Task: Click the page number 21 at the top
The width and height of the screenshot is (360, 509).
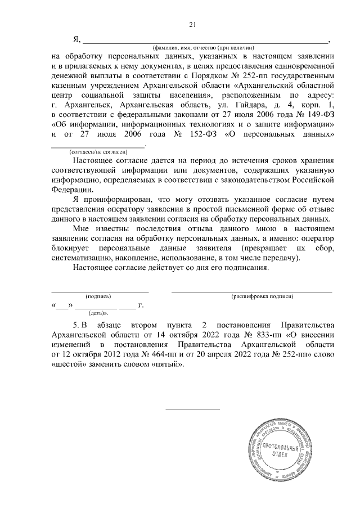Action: pyautogui.click(x=192, y=24)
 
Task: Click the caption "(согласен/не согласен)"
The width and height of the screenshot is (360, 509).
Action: pyautogui.click(x=98, y=152)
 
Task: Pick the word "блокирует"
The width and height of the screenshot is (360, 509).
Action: pyautogui.click(x=68, y=247)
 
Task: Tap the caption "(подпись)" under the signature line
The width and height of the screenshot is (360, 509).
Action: pyautogui.click(x=98, y=296)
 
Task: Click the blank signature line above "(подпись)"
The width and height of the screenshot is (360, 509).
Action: pyautogui.click(x=100, y=290)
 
